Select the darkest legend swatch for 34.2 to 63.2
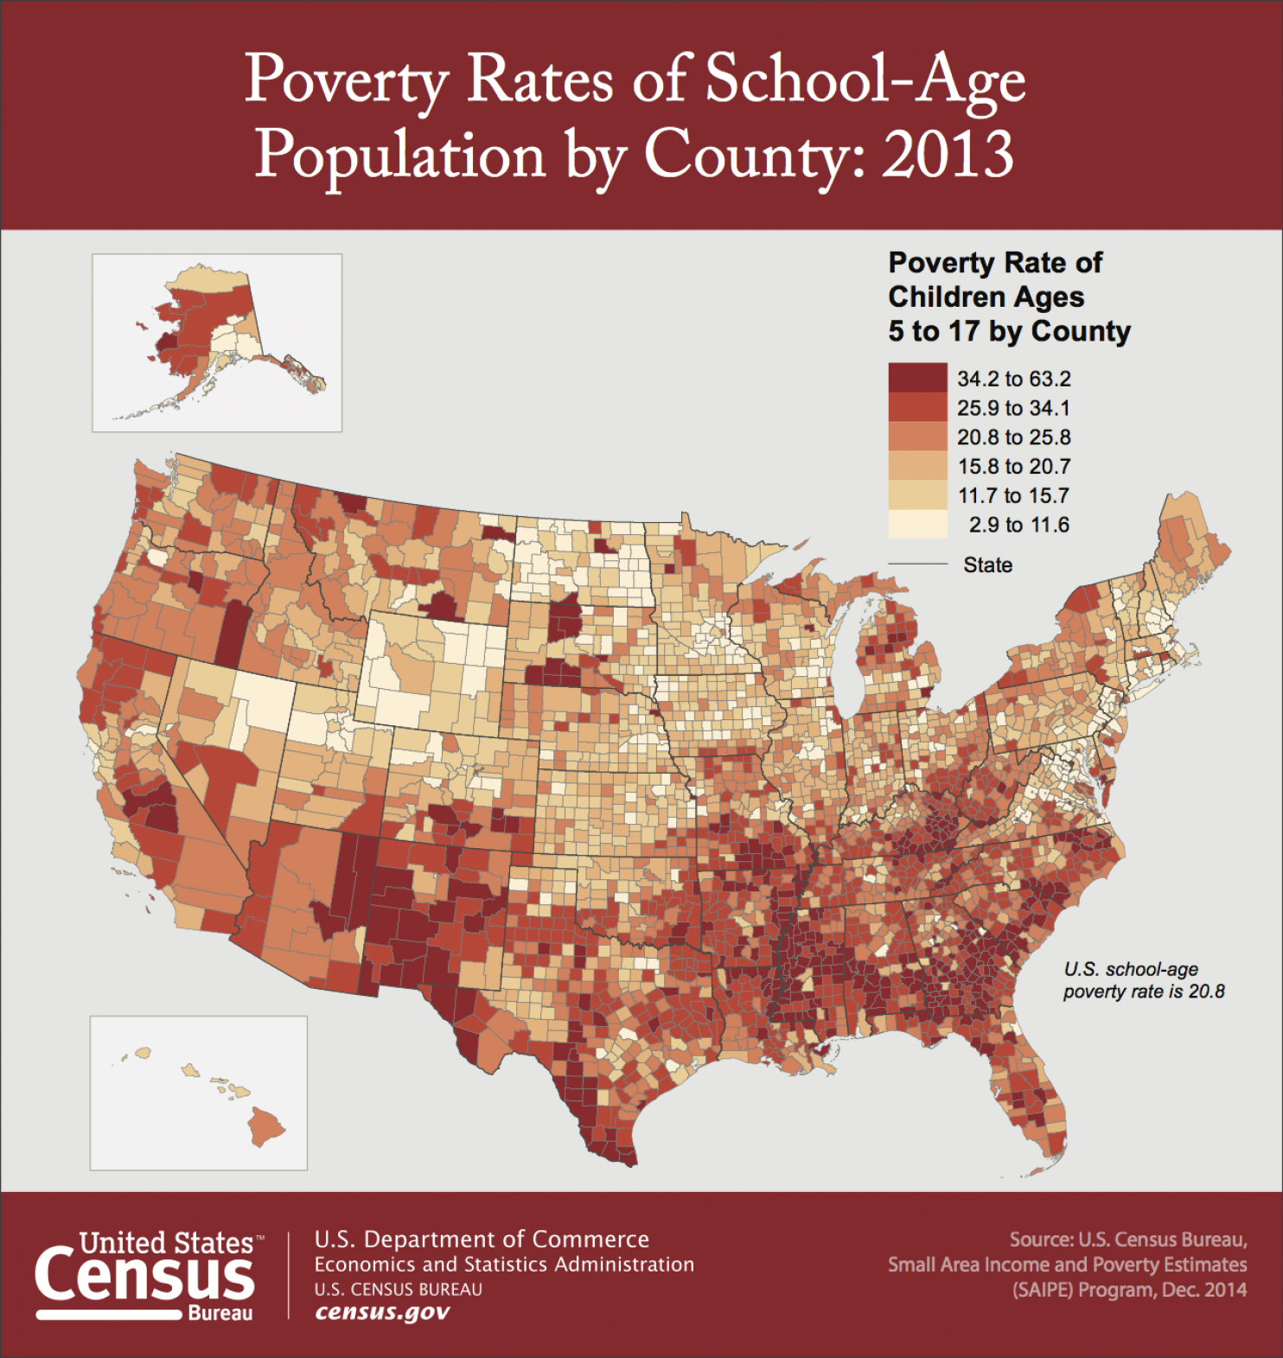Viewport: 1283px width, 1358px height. tap(917, 379)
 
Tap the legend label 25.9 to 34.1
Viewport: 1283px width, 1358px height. tap(1013, 408)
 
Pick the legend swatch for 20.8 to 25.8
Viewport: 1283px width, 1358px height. tap(917, 437)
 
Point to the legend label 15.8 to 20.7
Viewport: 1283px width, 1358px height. tap(1013, 467)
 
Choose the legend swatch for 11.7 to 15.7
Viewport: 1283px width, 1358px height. tap(917, 495)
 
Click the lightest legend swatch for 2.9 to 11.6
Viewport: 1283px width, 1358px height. tap(917, 525)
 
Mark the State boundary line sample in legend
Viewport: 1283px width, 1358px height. tap(917, 564)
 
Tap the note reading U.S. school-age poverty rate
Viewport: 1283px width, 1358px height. tap(1143, 980)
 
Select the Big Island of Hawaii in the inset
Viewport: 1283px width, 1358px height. tap(266, 1126)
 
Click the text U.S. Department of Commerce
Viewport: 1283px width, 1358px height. tap(481, 1240)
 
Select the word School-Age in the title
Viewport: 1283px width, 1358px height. tap(865, 80)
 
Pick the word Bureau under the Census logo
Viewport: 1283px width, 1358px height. tap(220, 1314)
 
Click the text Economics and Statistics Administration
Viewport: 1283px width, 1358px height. tap(503, 1265)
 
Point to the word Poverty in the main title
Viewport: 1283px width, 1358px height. tap(346, 80)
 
